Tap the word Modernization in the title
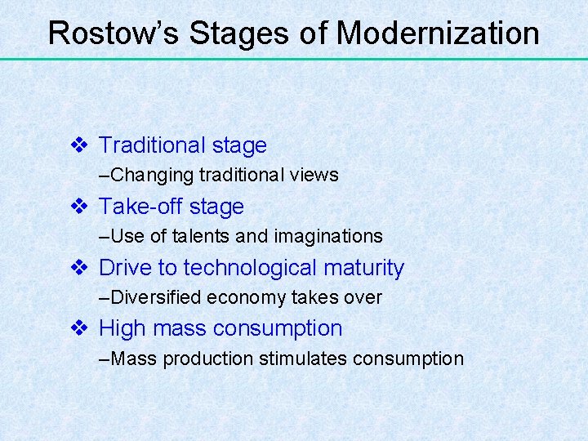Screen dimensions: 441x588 pos(438,33)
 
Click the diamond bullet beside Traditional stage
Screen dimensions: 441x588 pos(79,145)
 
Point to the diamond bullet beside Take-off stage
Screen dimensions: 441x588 pos(79,207)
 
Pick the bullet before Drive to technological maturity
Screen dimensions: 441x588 pos(79,268)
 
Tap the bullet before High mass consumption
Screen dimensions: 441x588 pos(79,328)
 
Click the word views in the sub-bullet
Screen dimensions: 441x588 pos(317,176)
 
